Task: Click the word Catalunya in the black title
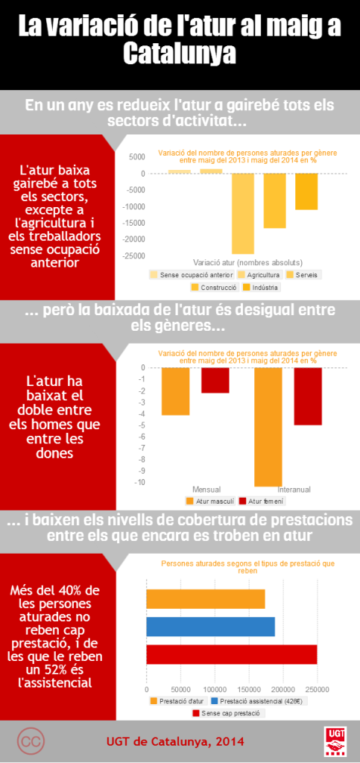tap(180, 54)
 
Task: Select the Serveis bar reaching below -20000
tap(243, 214)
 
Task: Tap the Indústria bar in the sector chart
tap(306, 191)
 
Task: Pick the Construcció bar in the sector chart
tap(275, 201)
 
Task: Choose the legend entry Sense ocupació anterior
tap(192, 275)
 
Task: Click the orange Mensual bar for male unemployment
tap(176, 391)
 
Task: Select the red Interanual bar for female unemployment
tap(308, 396)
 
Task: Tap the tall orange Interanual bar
tap(268, 427)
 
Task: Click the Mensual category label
tap(206, 489)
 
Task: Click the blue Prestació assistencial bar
tap(211, 627)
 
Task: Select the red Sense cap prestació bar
tap(232, 654)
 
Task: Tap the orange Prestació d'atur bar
tap(206, 599)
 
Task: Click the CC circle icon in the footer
tap(31, 741)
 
